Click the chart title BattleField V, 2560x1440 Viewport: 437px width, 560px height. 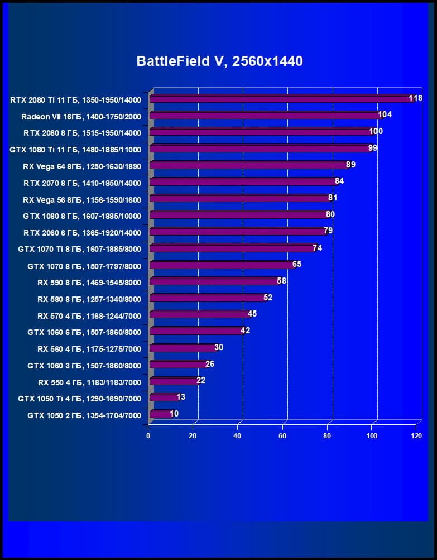click(x=219, y=61)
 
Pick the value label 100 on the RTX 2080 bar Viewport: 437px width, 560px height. click(x=376, y=131)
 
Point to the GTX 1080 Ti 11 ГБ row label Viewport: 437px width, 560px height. click(x=75, y=149)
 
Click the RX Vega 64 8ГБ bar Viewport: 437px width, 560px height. click(x=248, y=165)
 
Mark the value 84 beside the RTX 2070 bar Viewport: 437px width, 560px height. click(x=339, y=181)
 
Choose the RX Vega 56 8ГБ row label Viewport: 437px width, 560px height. click(x=82, y=199)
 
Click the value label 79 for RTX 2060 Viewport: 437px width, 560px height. click(x=328, y=231)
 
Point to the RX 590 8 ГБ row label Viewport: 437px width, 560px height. click(x=89, y=283)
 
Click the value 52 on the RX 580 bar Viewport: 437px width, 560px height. click(x=268, y=297)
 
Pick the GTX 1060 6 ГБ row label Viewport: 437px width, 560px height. click(x=84, y=332)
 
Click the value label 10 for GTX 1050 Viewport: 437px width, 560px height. click(x=175, y=414)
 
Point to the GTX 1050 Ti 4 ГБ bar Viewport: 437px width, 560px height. click(x=163, y=398)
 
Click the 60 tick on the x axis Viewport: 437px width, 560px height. click(x=282, y=435)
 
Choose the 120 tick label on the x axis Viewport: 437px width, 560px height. click(x=416, y=435)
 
